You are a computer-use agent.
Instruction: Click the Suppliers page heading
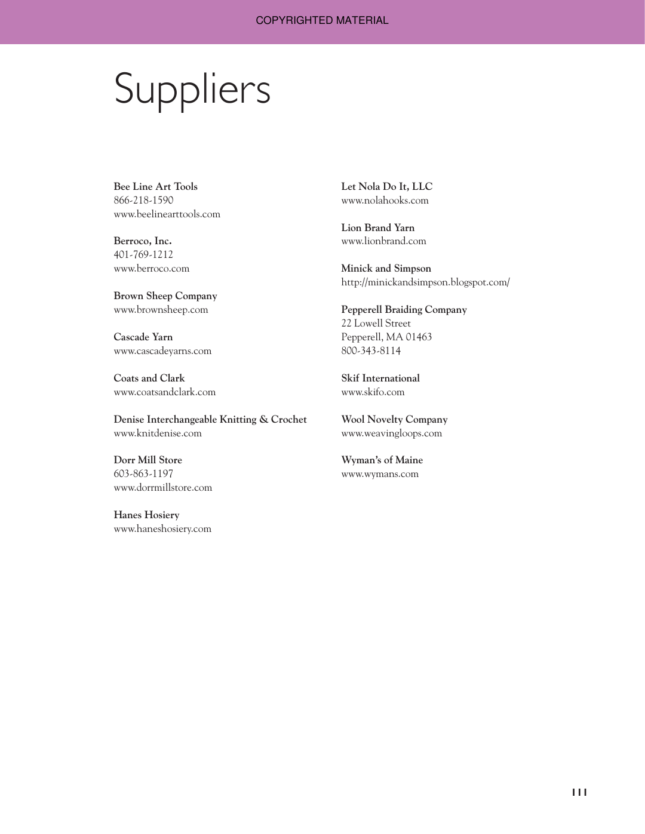192,90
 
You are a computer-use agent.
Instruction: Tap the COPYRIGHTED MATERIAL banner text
322,20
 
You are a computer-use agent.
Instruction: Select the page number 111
579,792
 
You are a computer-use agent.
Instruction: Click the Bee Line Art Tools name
155,187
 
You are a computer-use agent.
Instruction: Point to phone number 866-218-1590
143,201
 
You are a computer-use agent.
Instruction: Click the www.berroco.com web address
151,269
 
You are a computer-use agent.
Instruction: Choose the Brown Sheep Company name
165,296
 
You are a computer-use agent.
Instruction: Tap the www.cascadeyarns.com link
162,351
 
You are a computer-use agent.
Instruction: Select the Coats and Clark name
149,378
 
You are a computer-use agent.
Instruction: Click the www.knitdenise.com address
158,433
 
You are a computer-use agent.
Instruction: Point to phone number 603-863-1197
143,474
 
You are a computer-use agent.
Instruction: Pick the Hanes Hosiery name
146,515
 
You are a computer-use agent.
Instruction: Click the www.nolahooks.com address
385,201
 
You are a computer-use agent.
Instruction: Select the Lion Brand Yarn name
377,228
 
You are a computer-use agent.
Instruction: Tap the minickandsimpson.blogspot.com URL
425,282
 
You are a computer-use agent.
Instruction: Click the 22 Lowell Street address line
376,324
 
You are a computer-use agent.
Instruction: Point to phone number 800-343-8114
371,351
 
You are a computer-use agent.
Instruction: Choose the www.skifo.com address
373,392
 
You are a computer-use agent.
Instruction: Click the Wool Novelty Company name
394,420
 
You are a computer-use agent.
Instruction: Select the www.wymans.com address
380,474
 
